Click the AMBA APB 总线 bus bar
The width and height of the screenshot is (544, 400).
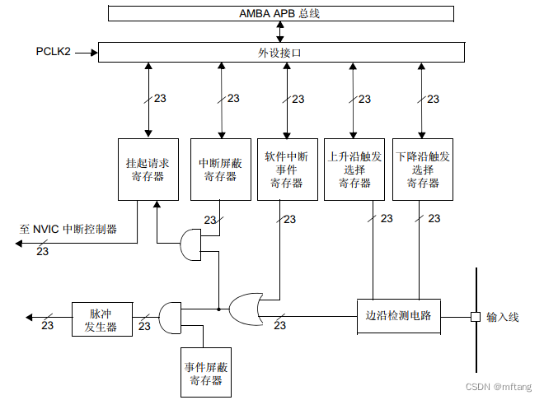point(281,13)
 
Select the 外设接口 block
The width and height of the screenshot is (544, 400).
point(281,52)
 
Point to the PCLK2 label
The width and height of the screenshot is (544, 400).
point(54,52)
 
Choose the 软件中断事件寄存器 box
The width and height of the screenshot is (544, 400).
point(286,170)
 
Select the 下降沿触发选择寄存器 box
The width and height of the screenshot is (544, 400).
point(422,170)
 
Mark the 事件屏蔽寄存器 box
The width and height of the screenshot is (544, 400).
point(206,373)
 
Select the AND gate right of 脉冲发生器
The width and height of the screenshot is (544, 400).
point(169,317)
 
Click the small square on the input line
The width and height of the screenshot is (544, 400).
point(475,316)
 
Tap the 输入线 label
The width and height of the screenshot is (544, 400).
point(503,317)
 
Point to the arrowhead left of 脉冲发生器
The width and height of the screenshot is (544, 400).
point(30,317)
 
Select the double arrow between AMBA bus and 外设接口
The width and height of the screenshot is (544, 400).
point(281,32)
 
